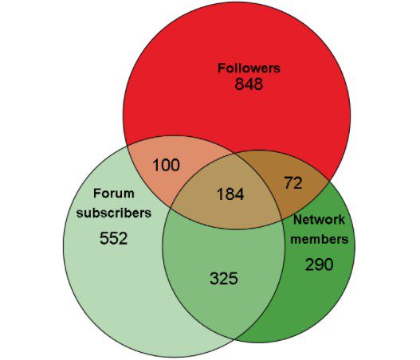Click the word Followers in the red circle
coord(249,68)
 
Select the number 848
coord(249,84)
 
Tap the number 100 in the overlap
coord(167,165)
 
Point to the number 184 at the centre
coord(230,194)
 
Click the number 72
coord(293,183)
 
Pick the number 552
coord(114,238)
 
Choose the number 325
coord(224,278)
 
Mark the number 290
coord(320,264)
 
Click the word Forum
coord(114,194)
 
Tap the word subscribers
coord(114,213)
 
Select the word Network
coord(319,220)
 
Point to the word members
coord(320,239)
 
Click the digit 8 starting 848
coord(240,84)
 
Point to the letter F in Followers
coord(222,68)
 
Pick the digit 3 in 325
coord(214,278)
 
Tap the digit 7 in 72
coord(289,183)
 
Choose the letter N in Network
coord(297,220)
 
